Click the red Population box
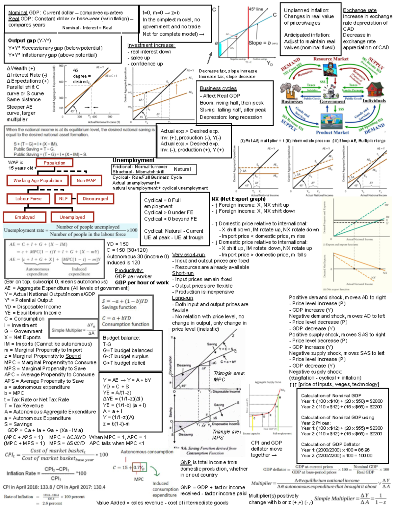54,163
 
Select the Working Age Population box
38,180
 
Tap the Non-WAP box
86,180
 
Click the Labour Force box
28,199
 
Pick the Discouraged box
95,199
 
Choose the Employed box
25,217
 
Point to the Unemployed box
72,217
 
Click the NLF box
63,199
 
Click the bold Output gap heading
22,40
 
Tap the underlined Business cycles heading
218,88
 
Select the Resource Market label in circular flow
330,59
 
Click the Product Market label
332,132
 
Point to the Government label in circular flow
332,102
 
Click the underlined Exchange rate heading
359,11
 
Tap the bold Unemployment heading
133,160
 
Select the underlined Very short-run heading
188,255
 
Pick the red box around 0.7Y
139,468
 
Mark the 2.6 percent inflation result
52,503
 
